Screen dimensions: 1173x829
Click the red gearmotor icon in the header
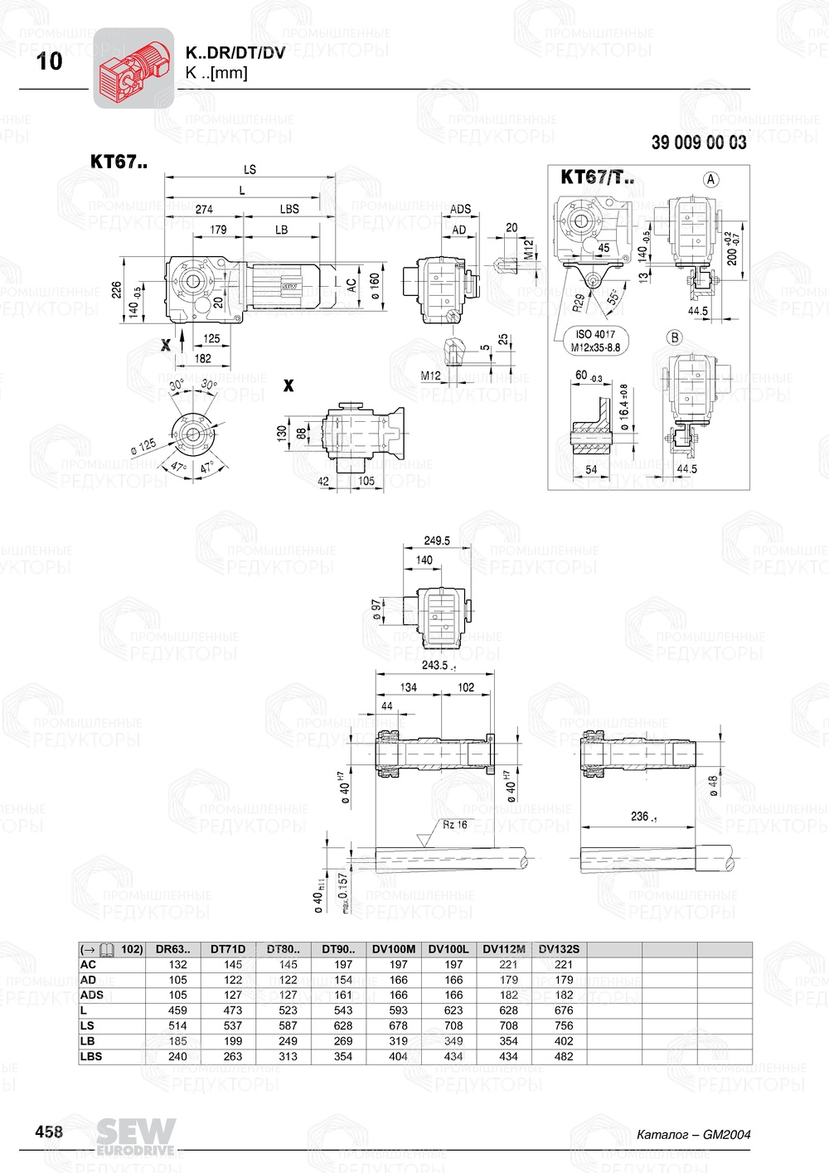133,69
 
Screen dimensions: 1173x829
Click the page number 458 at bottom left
49,1132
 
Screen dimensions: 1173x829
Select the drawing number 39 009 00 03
698,143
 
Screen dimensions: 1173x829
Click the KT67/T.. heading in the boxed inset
597,177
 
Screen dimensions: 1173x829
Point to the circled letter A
710,179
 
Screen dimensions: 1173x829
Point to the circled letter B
674,337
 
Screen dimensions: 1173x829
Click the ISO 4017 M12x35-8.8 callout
594,341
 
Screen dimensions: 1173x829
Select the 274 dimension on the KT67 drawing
204,209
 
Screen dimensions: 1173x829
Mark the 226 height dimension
117,289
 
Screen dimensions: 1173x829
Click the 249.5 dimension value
436,540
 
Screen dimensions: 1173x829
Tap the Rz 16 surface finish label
454,825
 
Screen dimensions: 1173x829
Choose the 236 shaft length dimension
641,817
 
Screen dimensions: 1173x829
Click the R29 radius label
578,302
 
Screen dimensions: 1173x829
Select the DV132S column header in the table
559,949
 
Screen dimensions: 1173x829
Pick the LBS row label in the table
91,1056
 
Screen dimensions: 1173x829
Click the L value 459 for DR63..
177,1011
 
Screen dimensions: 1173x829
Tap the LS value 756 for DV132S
564,1025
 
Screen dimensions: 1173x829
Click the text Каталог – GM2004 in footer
693,1134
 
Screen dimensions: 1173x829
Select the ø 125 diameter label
143,446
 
